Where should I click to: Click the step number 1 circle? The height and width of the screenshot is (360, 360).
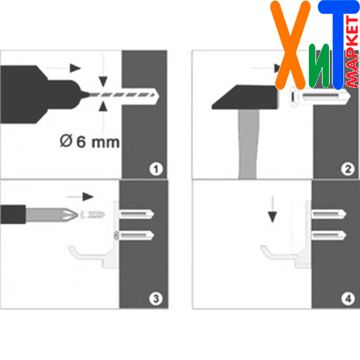click(x=156, y=169)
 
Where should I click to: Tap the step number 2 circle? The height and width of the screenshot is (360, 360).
click(x=348, y=169)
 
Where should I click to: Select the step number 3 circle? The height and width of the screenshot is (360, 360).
click(x=156, y=299)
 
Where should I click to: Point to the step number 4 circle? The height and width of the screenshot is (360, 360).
click(x=348, y=299)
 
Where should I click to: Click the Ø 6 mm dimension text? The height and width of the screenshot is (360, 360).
click(x=89, y=142)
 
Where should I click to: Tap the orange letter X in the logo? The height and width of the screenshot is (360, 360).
click(x=290, y=45)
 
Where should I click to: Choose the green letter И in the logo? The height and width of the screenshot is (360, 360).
click(x=320, y=66)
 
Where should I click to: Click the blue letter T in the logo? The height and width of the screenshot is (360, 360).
click(x=338, y=45)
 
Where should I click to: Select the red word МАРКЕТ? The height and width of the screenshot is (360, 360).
click(x=352, y=52)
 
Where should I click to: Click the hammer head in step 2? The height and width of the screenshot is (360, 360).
click(x=245, y=97)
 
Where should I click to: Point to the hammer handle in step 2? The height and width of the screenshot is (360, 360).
click(x=248, y=144)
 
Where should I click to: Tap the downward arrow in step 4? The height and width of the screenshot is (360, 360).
click(x=272, y=209)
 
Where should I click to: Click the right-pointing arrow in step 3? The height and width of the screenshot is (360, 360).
click(x=80, y=197)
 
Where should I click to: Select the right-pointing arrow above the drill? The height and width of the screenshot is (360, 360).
click(x=63, y=68)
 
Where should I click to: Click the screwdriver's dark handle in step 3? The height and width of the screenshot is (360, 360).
click(x=13, y=215)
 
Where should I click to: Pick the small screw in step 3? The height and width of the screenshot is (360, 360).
click(x=92, y=215)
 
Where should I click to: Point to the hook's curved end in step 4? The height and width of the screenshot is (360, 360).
click(x=265, y=252)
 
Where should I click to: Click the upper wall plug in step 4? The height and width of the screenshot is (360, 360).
click(x=329, y=214)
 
